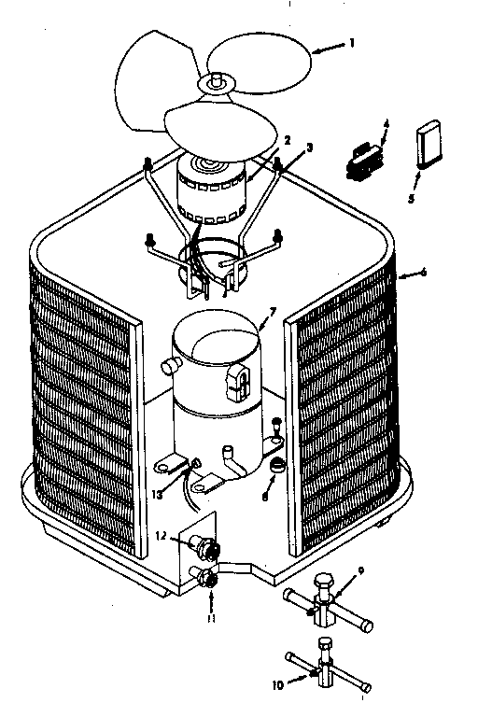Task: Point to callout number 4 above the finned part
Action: pyautogui.click(x=387, y=123)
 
